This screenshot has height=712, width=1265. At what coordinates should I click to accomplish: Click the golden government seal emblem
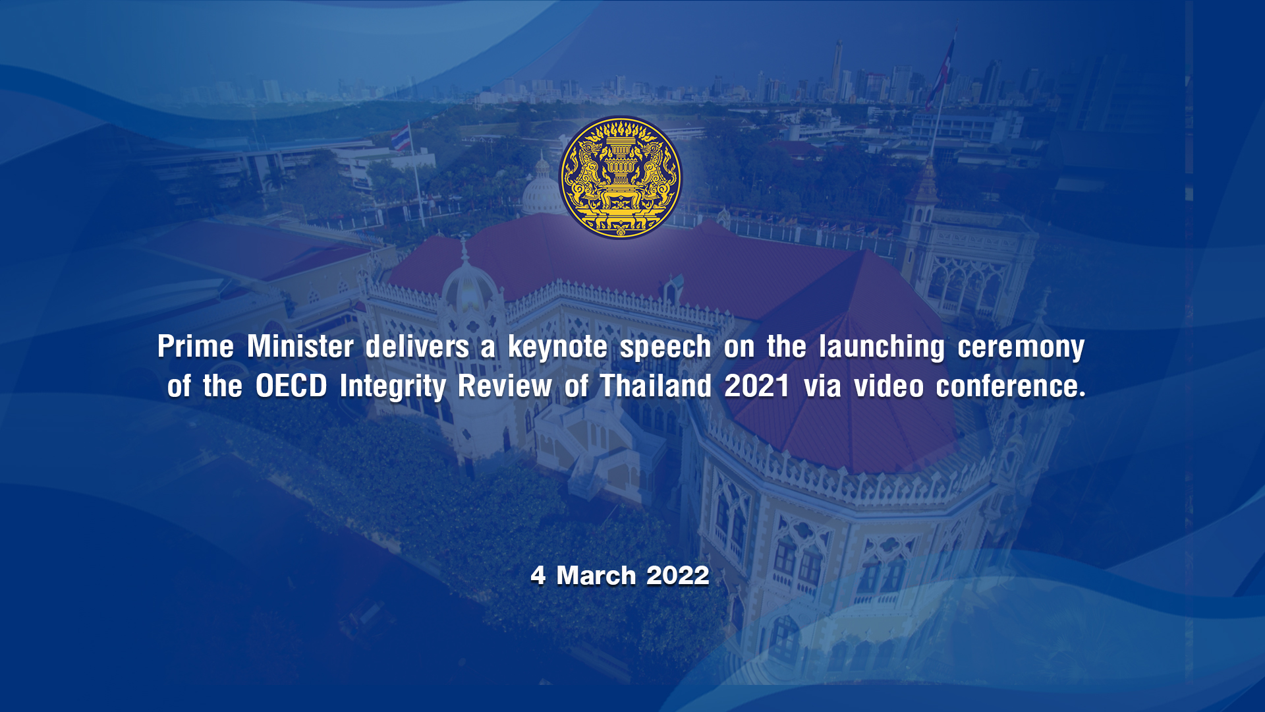(620, 177)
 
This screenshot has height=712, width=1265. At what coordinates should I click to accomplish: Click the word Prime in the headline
(196, 346)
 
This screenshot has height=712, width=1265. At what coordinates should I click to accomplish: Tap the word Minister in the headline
(300, 346)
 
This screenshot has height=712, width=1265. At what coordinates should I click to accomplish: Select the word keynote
(557, 347)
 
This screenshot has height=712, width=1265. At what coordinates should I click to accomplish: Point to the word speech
(665, 347)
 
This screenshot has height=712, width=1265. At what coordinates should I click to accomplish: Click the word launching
(882, 347)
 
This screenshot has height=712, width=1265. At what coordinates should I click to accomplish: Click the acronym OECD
(291, 386)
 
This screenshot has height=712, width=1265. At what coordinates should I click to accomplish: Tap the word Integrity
(393, 387)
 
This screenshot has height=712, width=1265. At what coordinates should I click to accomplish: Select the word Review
(505, 386)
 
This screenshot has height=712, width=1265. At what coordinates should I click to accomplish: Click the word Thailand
(656, 386)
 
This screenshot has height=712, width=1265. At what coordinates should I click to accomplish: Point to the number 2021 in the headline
(757, 386)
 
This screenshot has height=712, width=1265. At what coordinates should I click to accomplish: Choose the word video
(889, 386)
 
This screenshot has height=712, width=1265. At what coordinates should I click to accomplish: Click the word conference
(1011, 386)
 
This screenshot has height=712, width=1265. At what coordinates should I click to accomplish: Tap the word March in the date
(596, 576)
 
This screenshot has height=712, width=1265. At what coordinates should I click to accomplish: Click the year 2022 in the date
(677, 576)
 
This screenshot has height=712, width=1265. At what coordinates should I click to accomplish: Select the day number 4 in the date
(538, 576)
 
